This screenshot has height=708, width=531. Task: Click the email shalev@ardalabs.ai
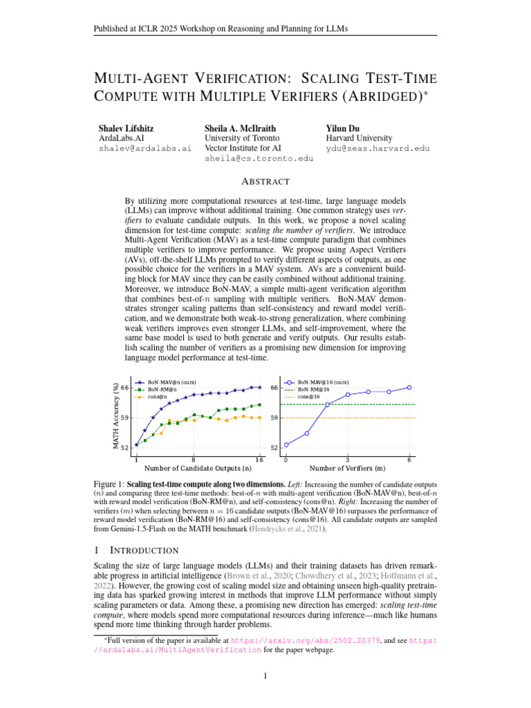[145, 149]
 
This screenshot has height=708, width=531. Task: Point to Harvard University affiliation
[359, 138]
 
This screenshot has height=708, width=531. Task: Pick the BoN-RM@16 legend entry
[313, 389]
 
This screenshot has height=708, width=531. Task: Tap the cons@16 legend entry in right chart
[308, 397]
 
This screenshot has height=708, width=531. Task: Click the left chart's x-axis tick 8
[194, 459]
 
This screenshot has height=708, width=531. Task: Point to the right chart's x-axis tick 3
[347, 459]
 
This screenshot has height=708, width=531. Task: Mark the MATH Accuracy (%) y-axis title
[115, 416]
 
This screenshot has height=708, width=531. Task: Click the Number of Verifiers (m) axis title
[348, 468]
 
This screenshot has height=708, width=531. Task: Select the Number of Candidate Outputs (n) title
[198, 468]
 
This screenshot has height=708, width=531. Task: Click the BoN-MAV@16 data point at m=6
[409, 388]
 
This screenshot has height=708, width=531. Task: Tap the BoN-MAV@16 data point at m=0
[286, 445]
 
